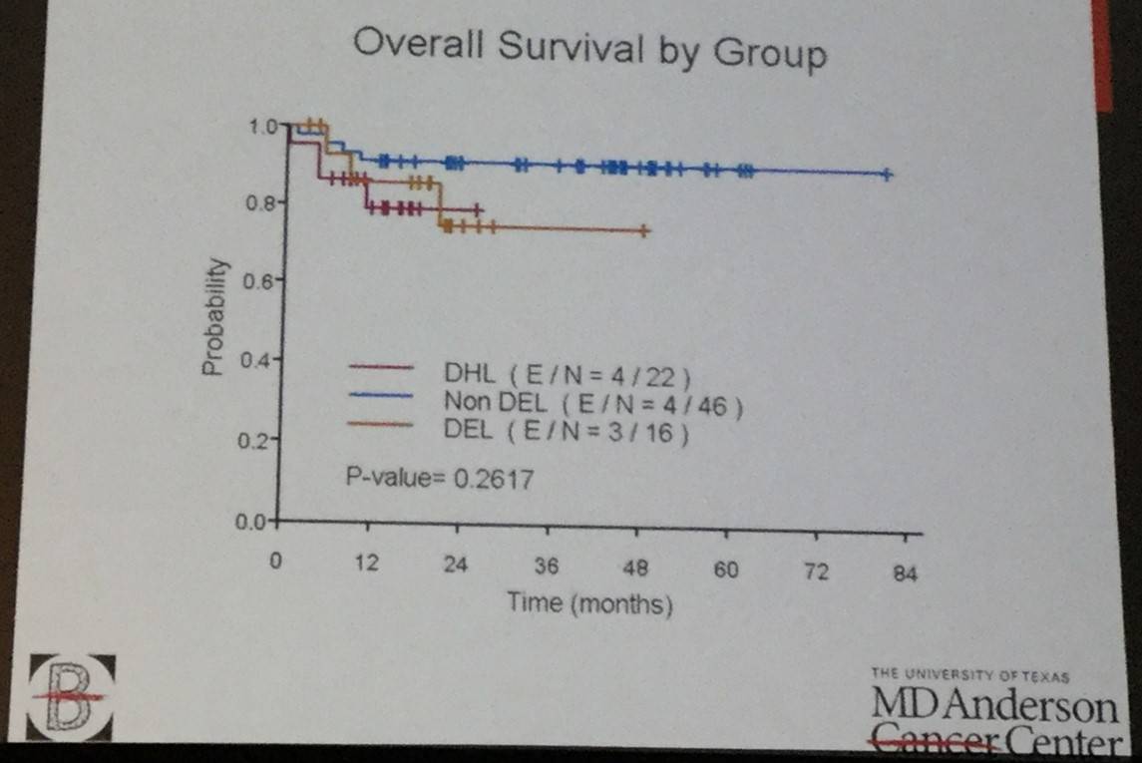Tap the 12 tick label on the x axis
[367, 564]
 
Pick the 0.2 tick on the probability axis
[257, 440]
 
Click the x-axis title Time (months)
[588, 603]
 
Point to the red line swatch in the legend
[381, 367]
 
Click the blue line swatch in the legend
[381, 396]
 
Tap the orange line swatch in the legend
[381, 424]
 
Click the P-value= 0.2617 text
[440, 479]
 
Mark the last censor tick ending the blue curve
[887, 175]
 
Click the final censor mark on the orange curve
[644, 231]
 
